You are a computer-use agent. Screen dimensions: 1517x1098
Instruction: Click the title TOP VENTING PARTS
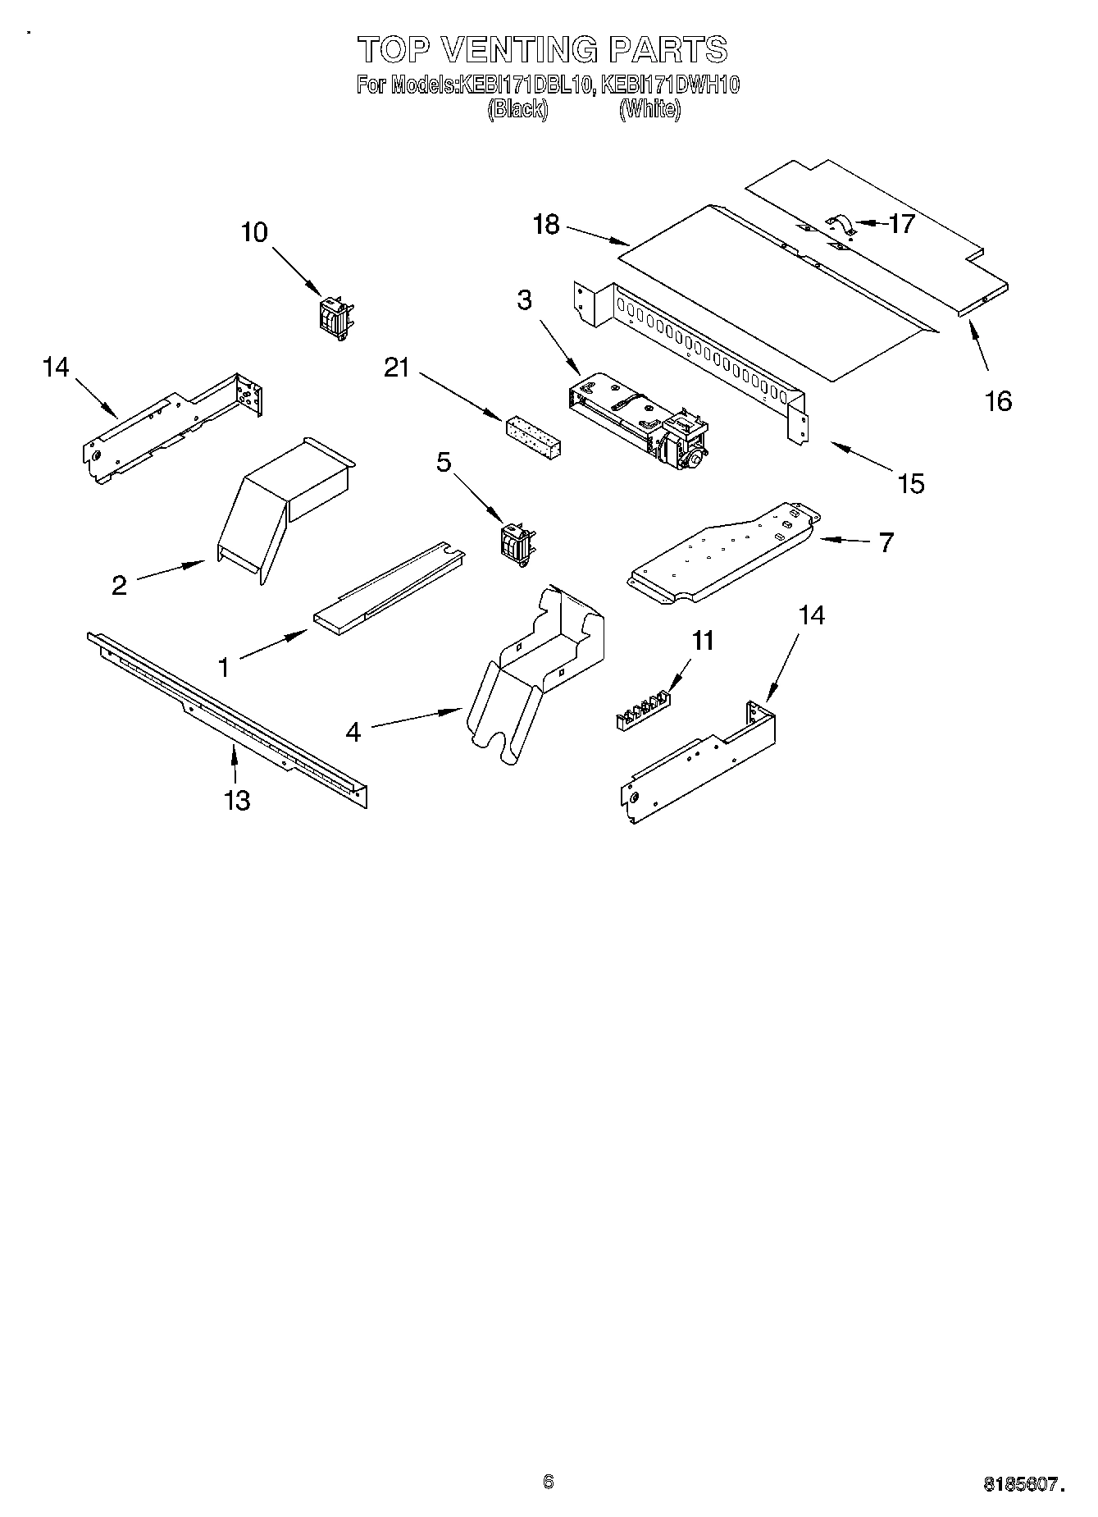[x=543, y=49]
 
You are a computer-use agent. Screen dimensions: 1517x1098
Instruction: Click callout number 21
[x=397, y=368]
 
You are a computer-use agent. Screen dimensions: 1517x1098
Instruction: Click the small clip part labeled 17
[x=840, y=225]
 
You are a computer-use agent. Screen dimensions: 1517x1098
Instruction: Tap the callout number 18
[x=545, y=224]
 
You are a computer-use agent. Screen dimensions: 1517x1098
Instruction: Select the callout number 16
[x=998, y=400]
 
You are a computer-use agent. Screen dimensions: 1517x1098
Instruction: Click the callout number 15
[x=911, y=483]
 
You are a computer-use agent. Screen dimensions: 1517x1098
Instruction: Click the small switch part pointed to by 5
[x=517, y=542]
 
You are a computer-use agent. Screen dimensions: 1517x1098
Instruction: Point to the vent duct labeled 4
[x=537, y=673]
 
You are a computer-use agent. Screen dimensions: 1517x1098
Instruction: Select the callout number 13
[x=237, y=799]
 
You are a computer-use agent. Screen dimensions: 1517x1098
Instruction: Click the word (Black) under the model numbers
[x=517, y=108]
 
